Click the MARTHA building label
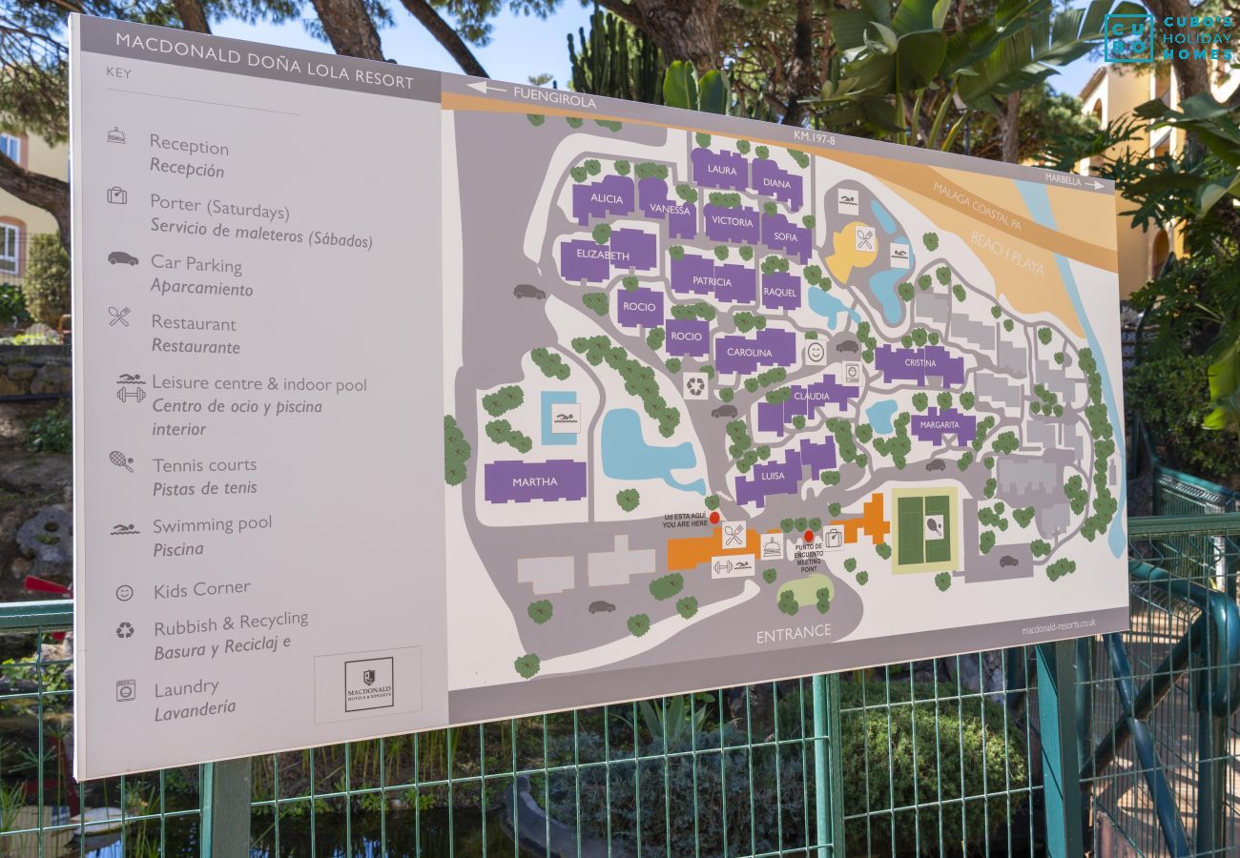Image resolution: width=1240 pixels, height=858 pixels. pos(534,481)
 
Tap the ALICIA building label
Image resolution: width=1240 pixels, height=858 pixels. pos(607,198)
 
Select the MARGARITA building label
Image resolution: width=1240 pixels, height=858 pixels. pos(942,426)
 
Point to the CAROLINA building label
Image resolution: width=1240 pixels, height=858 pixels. pos(750,353)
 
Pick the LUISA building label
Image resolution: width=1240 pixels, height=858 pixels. pos(773,476)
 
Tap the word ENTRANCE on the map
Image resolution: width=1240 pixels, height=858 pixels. pos(794,634)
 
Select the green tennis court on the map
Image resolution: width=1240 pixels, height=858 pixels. pos(922,529)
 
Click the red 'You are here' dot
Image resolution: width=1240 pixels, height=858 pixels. pos(714,518)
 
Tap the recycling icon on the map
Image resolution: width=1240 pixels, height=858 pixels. pos(695,386)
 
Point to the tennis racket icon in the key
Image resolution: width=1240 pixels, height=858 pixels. pos(121,461)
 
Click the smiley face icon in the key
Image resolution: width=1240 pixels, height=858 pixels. pos(125,592)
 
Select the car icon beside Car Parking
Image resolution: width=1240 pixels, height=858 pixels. pos(122,258)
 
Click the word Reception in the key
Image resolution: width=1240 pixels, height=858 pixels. pos(189,146)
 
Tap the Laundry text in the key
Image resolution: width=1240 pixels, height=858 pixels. pos(187,687)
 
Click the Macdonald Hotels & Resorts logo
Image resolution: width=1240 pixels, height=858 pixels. pos(368,684)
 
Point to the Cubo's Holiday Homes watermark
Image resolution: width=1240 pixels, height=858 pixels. pos(1168,38)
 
